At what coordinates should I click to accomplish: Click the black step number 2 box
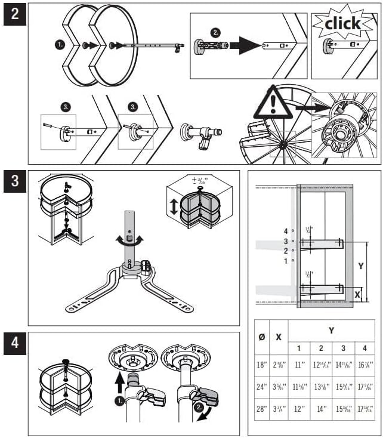(x=15, y=14)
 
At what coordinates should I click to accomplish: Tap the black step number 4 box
(x=15, y=345)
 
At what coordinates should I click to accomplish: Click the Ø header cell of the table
(x=261, y=336)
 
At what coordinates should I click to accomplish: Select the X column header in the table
(x=278, y=336)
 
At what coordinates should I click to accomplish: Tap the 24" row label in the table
(x=261, y=387)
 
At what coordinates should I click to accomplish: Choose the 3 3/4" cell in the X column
(x=278, y=410)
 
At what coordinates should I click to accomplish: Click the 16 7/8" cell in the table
(x=365, y=365)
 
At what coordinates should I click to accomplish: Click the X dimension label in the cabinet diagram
(x=358, y=294)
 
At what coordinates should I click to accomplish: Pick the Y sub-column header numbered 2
(x=321, y=347)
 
